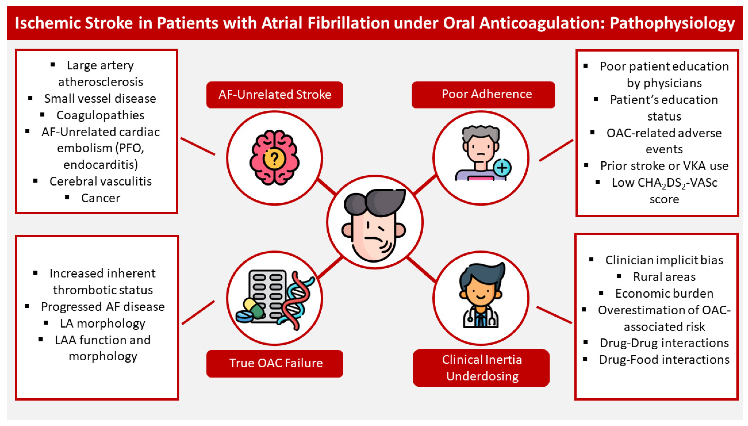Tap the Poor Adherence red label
[483, 95]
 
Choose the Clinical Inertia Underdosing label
[481, 368]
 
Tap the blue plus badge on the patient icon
[502, 168]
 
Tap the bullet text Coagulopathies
[100, 115]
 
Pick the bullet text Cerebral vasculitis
[101, 181]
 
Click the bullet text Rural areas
[664, 277]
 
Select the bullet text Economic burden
[664, 293]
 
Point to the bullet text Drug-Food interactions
[664, 360]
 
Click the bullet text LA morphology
[103, 324]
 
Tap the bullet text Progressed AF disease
[103, 307]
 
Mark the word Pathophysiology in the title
[672, 23]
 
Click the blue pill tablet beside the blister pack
[244, 317]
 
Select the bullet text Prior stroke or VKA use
[664, 166]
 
